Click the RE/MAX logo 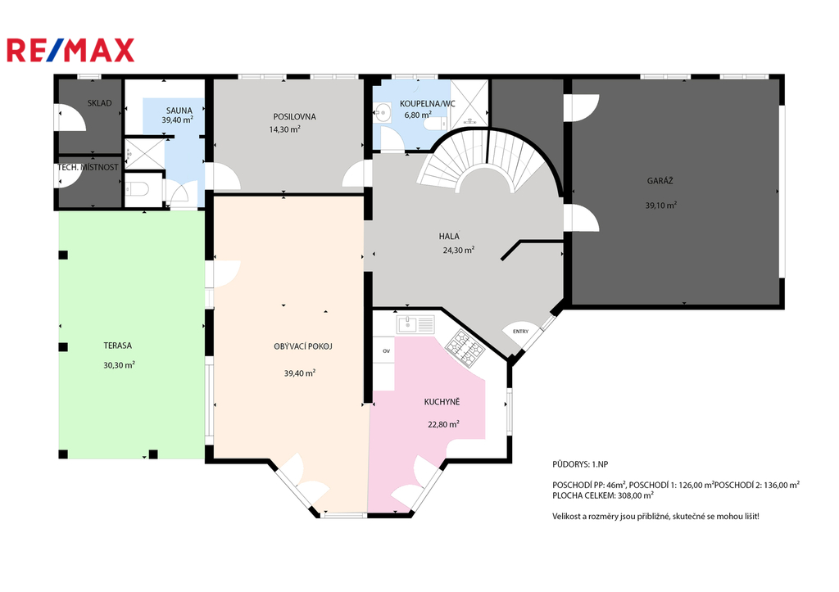pos(70,50)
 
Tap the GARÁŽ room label pos(660,181)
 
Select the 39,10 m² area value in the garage pos(661,205)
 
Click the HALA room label pos(449,236)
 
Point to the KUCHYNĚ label pos(442,401)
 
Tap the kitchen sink pos(415,324)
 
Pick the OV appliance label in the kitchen pos(386,351)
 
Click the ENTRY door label pos(520,332)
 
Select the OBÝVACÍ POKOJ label pos(303,346)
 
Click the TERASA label pos(118,346)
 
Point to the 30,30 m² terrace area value pos(119,365)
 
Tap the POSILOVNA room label pos(294,116)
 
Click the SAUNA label pos(179,111)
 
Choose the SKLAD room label pos(99,102)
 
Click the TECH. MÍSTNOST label pos(88,167)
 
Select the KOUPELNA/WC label pos(428,104)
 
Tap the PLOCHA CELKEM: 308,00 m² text pos(603,495)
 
